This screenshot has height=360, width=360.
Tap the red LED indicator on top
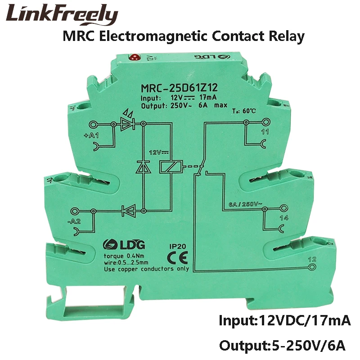pos(134,57)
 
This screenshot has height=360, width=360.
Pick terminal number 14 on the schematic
pos(271,219)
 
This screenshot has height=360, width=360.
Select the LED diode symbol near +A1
pos(128,125)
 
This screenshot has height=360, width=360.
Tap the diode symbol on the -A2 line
pos(129,209)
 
